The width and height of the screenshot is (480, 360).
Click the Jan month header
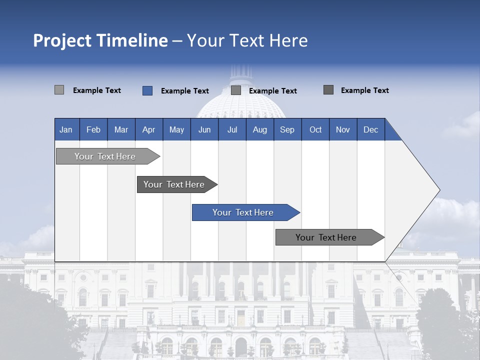pos(66,129)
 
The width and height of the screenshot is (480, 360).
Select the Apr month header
pos(149,129)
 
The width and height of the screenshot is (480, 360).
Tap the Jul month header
pos(232,129)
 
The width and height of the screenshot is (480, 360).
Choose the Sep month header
pos(287,129)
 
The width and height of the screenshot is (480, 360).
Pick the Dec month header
pos(370,129)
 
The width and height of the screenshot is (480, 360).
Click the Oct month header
pos(315,129)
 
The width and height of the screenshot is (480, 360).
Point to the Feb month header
pos(93,129)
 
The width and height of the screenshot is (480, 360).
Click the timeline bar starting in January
pos(105,156)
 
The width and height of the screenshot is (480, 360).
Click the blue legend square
pos(147,90)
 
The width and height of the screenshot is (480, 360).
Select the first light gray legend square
pos(59,90)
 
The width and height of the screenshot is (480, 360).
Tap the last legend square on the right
pos(328,90)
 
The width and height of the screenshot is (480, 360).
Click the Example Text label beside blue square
pos(185,91)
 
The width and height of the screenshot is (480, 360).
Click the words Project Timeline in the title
pos(100,40)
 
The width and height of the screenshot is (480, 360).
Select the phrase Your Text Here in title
pos(247,40)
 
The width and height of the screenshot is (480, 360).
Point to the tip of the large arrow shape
pos(438,190)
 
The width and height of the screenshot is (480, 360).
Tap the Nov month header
pos(343,129)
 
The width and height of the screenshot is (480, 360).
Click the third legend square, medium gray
pos(236,90)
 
